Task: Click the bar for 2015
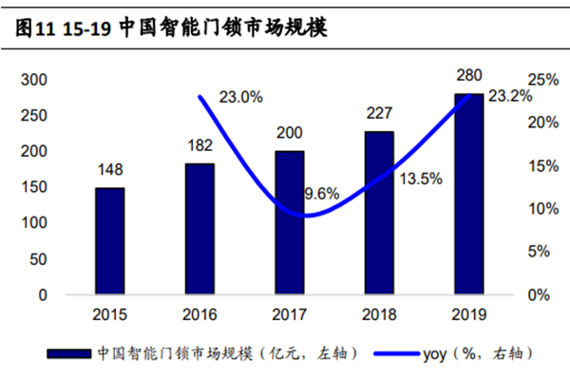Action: [109, 241]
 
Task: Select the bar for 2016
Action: [199, 229]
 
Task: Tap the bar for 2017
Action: [290, 222]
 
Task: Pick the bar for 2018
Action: [380, 213]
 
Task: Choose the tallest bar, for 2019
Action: [469, 194]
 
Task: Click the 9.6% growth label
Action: [321, 194]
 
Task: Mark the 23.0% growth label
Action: [240, 97]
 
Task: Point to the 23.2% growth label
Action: [509, 97]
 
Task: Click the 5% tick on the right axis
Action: [539, 252]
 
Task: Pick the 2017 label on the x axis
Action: [290, 313]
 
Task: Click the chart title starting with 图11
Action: [171, 28]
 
